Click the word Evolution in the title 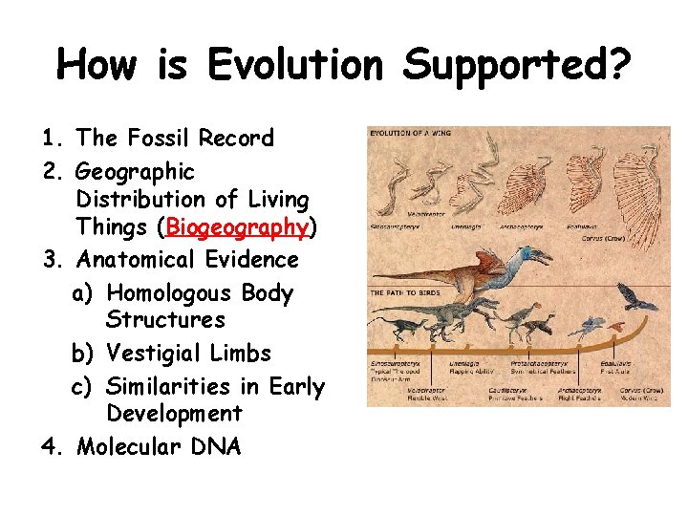[295, 66]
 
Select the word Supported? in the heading [516, 66]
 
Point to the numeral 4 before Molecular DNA [51, 446]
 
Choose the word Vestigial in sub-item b [155, 354]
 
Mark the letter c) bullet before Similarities [84, 387]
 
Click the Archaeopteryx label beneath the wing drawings [524, 227]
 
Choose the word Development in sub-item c [174, 414]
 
